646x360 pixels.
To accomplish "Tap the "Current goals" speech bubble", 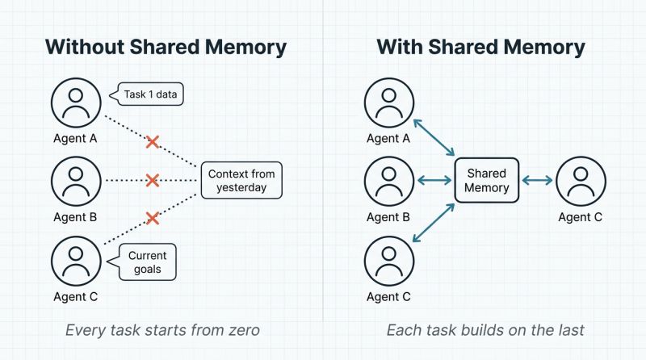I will pyautogui.click(x=148, y=262).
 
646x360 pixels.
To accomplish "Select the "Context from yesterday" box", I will pyautogui.click(x=241, y=181).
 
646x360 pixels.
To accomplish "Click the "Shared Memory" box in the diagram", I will pyautogui.click(x=487, y=181).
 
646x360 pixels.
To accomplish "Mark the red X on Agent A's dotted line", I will pyautogui.click(x=152, y=142).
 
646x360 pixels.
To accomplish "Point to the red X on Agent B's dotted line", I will pyautogui.click(x=151, y=181).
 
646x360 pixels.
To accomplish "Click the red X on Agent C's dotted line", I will pyautogui.click(x=152, y=218).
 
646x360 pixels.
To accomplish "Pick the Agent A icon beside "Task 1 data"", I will pyautogui.click(x=75, y=102).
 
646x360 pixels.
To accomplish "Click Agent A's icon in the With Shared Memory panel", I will pyautogui.click(x=389, y=102).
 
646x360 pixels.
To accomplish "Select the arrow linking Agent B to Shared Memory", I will pyautogui.click(x=434, y=181).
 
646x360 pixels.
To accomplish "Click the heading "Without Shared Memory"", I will pyautogui.click(x=166, y=46).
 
